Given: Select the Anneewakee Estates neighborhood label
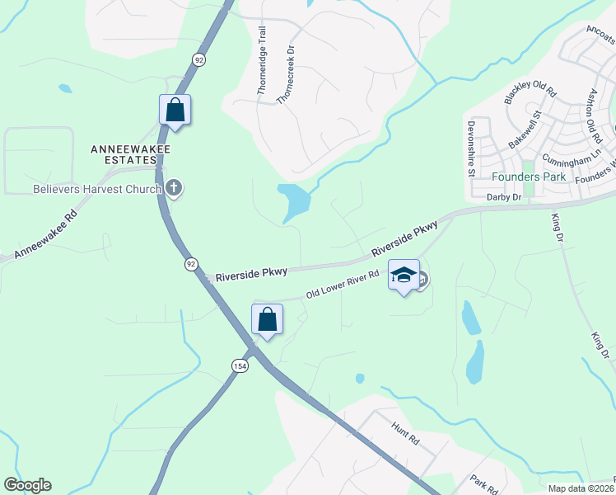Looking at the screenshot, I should coord(124,154).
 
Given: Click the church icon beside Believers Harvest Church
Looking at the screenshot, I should coord(173,188).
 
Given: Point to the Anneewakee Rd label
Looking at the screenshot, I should coord(46,234).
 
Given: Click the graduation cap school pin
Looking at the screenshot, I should coord(404,276).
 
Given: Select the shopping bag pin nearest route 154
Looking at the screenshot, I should coord(267,319).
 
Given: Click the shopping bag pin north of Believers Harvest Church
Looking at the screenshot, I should coord(175,110).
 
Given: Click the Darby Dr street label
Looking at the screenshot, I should coord(504,197).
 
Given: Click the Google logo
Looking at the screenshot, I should coord(27,485).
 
